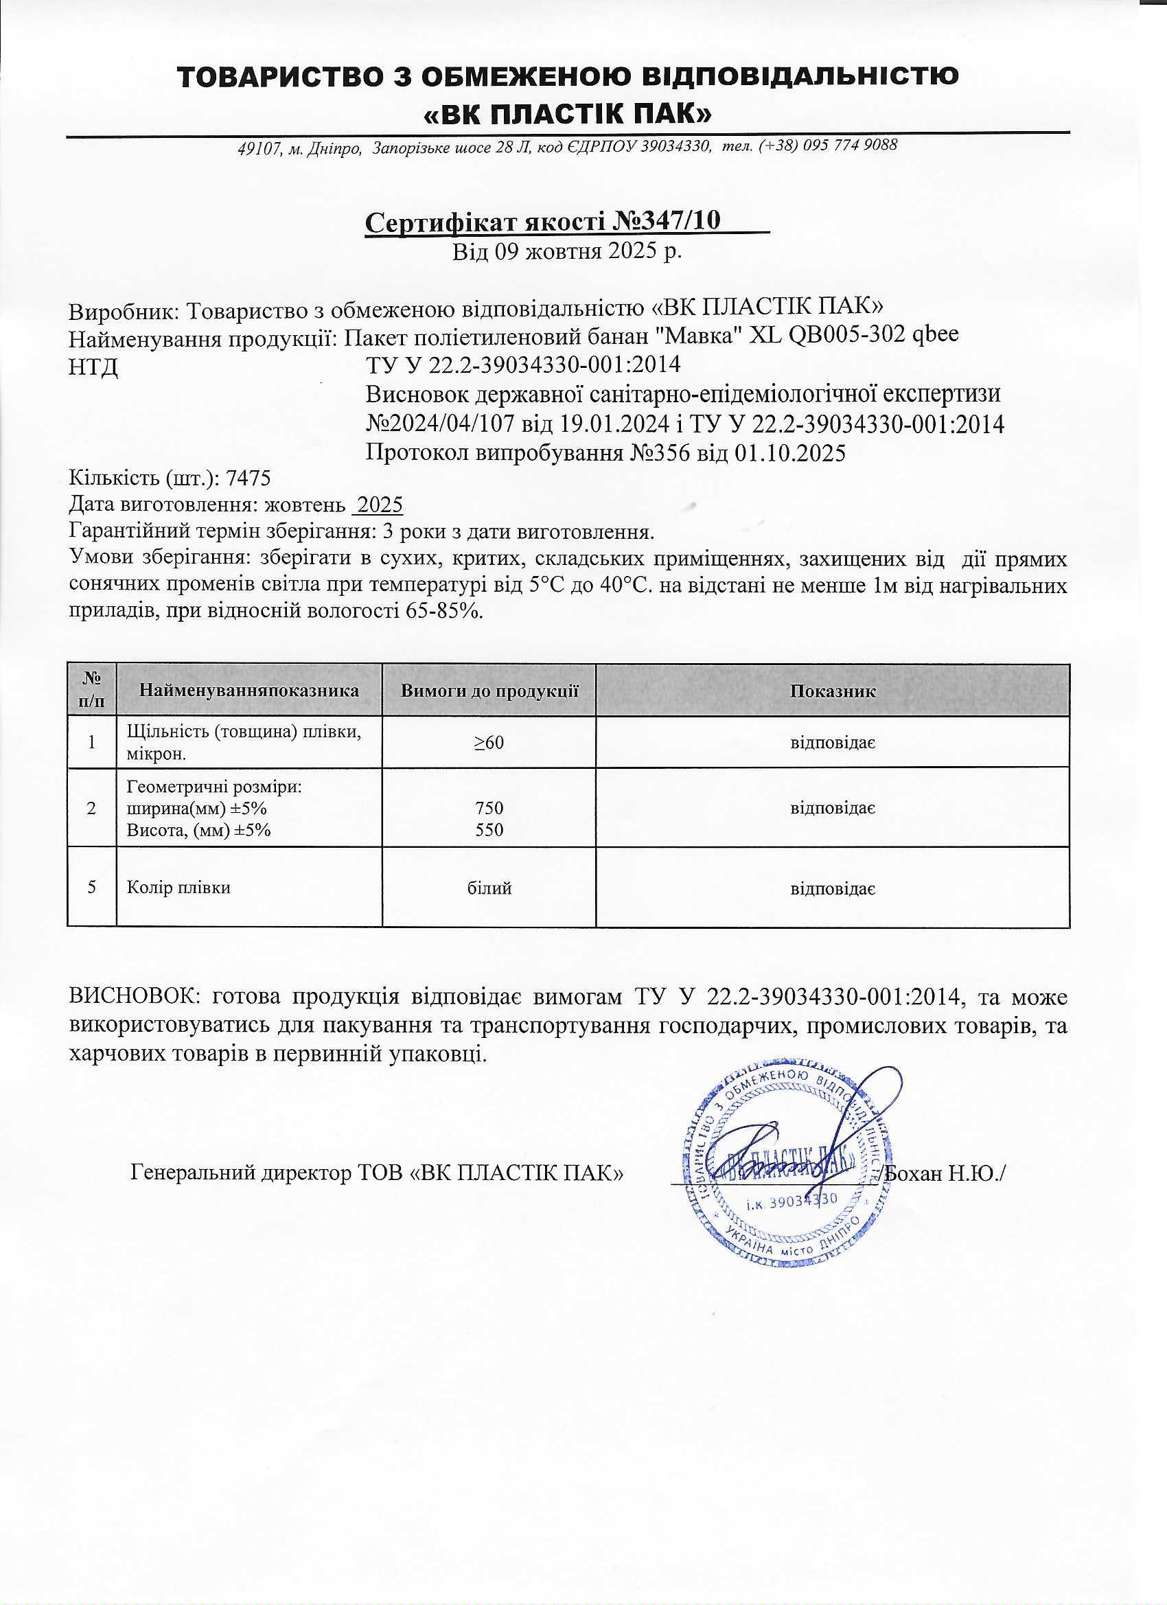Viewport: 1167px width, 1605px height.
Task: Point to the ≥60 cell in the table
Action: pos(489,742)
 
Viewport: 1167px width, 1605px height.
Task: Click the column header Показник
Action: pos(832,691)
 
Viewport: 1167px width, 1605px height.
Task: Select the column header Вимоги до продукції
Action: pos(489,691)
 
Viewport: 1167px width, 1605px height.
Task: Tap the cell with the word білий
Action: pos(489,887)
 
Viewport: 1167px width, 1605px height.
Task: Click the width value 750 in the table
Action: pos(489,807)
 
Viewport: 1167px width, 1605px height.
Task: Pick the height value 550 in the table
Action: pos(489,829)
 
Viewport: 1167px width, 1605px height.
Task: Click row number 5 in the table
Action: pos(92,887)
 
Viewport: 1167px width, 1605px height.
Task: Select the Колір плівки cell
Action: pos(178,887)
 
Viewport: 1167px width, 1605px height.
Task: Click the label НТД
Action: pos(93,368)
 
